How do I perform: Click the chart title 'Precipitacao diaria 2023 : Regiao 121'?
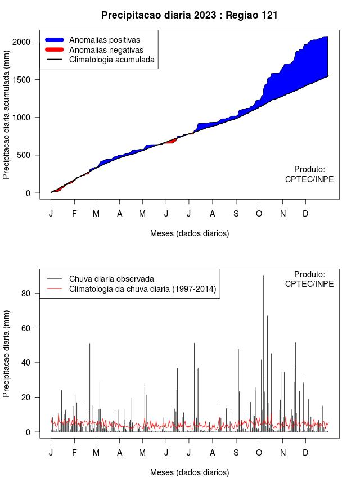point(190,15)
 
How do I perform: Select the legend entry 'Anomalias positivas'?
point(105,40)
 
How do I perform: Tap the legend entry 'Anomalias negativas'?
point(106,49)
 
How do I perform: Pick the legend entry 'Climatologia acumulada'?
point(112,59)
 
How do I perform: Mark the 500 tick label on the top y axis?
point(31,155)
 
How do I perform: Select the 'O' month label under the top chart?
point(259,214)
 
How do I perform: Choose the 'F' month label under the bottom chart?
point(74,453)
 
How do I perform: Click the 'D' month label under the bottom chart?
point(305,453)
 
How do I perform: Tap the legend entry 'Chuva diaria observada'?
point(111,279)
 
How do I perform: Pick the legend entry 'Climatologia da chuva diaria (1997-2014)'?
point(143,290)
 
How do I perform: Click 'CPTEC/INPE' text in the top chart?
point(309,179)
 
